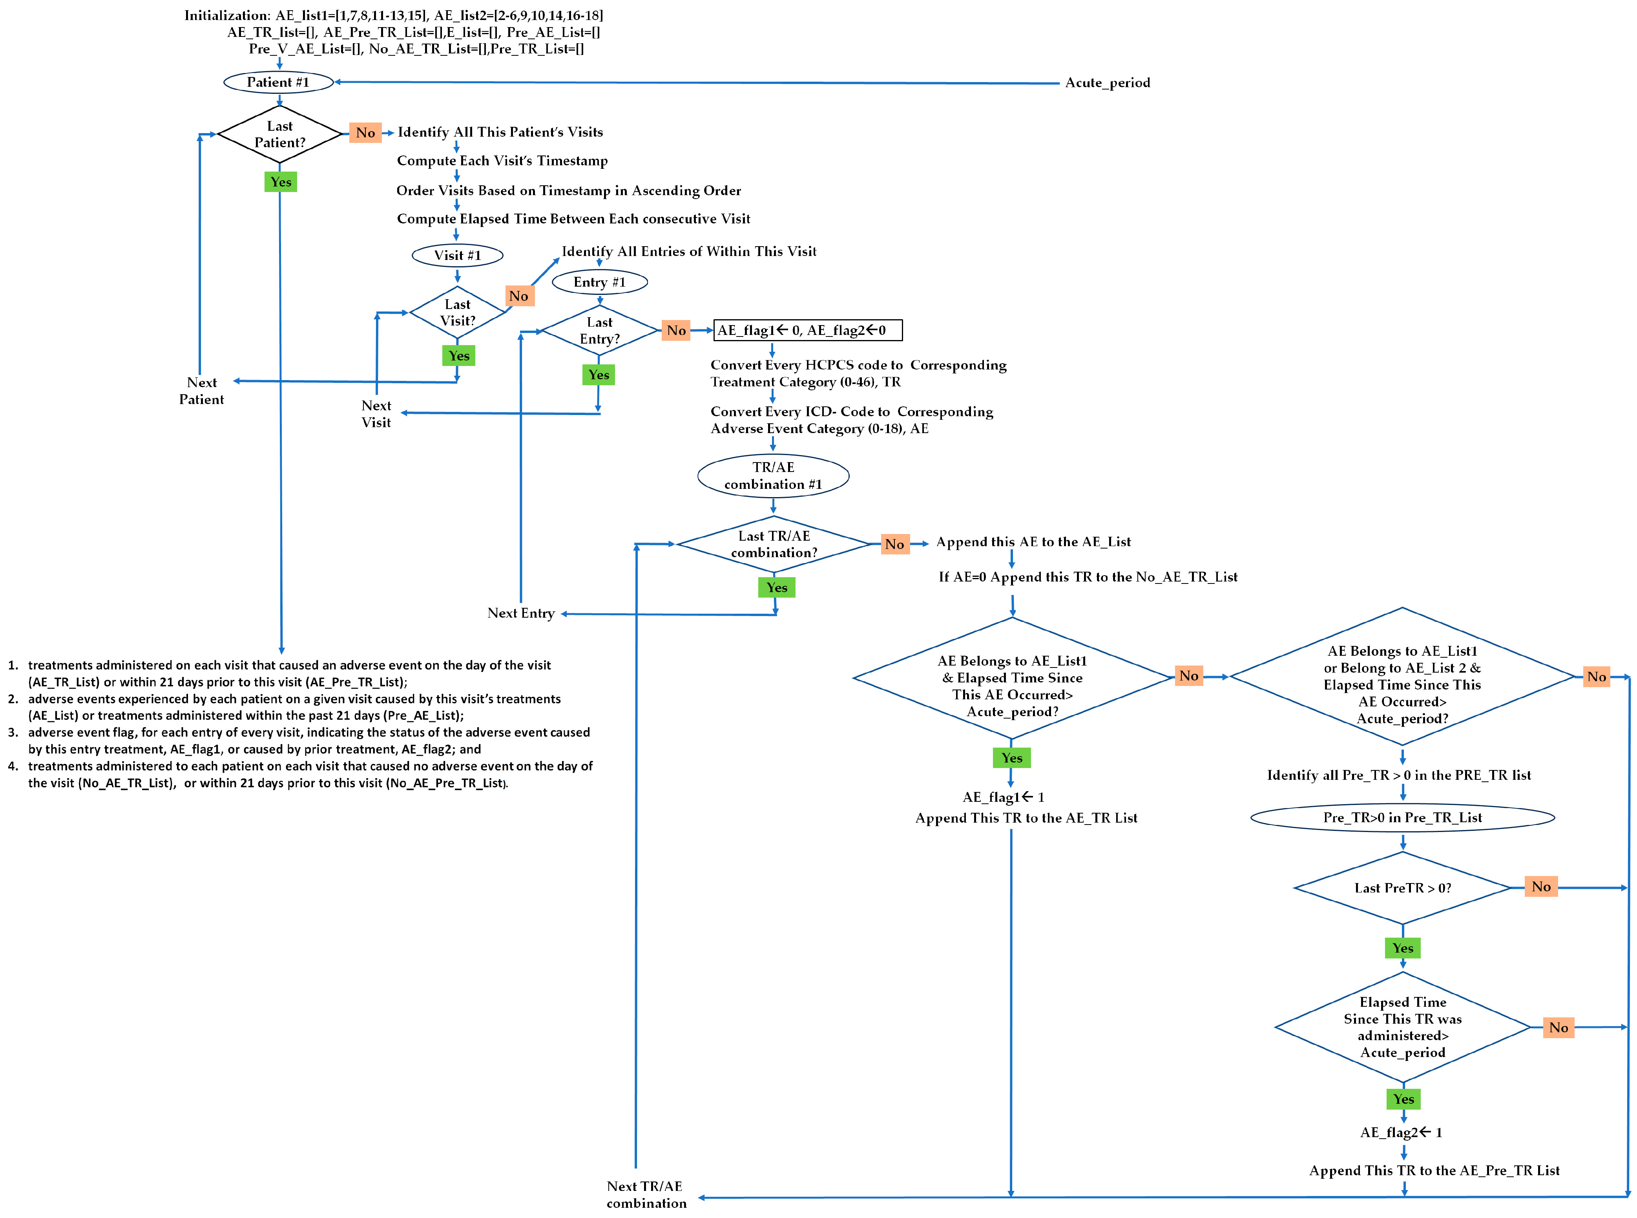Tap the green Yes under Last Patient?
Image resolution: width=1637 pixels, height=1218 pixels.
pos(280,181)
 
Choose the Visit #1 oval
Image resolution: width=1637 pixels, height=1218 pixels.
pos(457,255)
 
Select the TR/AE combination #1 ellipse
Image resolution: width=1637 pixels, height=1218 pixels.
pos(773,475)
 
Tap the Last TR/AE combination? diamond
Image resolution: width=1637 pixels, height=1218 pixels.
pos(774,544)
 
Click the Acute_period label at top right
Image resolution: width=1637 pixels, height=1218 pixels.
pos(1107,82)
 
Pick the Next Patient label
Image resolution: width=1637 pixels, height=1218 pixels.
pos(201,391)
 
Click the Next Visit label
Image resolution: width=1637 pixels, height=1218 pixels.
pos(376,413)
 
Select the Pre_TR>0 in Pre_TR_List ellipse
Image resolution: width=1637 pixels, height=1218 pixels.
pos(1402,817)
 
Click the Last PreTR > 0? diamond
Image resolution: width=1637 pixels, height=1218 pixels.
pos(1402,888)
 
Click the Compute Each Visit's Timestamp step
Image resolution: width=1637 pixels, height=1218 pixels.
pos(502,161)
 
